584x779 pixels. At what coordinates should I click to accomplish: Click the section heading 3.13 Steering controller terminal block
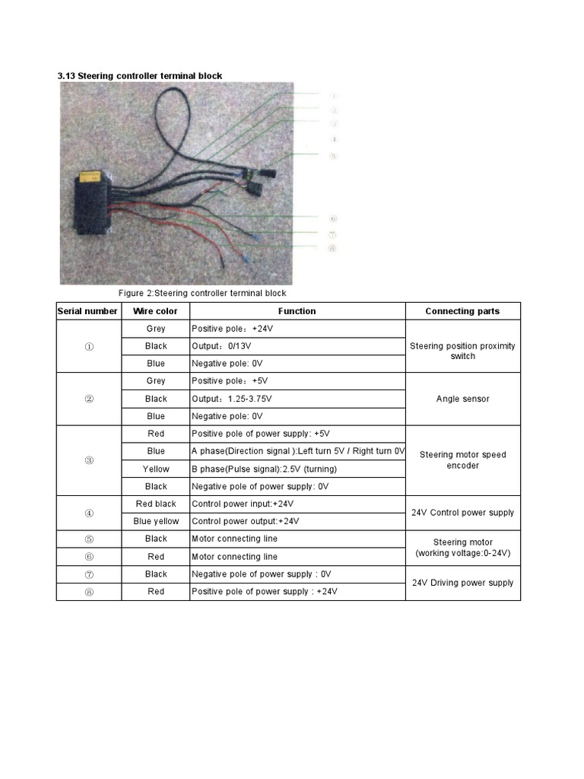point(140,75)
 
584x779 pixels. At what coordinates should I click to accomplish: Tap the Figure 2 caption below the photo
point(202,293)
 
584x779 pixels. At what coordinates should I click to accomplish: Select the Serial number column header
point(87,311)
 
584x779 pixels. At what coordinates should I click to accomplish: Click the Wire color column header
point(155,311)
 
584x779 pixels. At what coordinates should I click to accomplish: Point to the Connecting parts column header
point(462,311)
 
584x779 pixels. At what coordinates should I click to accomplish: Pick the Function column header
point(297,311)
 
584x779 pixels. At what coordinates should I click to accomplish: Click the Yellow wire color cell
point(156,469)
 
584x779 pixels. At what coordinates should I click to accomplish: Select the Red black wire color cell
point(156,504)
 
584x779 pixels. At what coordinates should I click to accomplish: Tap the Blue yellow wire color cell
point(156,521)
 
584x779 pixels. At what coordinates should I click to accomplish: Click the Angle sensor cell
point(462,399)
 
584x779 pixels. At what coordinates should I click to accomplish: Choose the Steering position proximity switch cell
point(462,351)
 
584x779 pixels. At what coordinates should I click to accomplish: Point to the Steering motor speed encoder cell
point(462,460)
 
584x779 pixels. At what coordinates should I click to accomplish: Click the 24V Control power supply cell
point(462,513)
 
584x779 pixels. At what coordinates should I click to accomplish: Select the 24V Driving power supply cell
point(462,583)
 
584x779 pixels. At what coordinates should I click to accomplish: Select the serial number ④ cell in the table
point(89,513)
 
